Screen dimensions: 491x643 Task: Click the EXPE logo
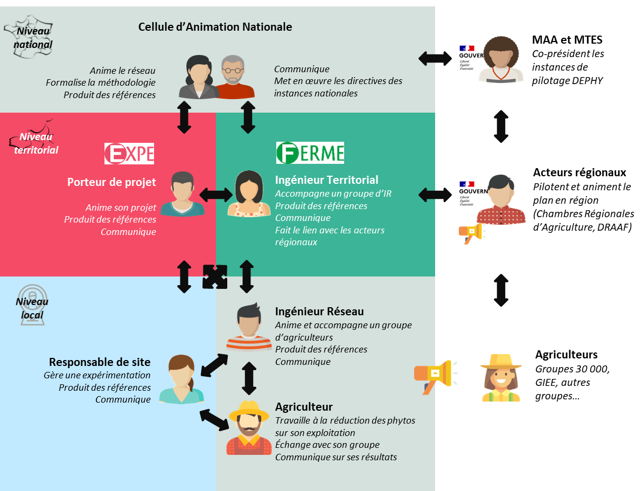pos(129,154)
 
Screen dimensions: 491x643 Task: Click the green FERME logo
pos(310,153)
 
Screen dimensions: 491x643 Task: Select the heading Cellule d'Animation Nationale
pos(215,26)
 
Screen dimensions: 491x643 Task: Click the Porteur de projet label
pos(111,182)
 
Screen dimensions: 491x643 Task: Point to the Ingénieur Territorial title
pos(327,180)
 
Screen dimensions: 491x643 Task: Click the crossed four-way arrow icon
pos(215,276)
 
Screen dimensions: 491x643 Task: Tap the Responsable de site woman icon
pos(182,379)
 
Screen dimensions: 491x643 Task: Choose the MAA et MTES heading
pos(567,40)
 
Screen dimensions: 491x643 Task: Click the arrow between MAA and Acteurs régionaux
pos(501,127)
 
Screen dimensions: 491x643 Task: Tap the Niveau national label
pos(34,38)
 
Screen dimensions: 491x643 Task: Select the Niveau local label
pos(32,308)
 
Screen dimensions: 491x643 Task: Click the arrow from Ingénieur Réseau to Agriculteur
pos(248,378)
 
